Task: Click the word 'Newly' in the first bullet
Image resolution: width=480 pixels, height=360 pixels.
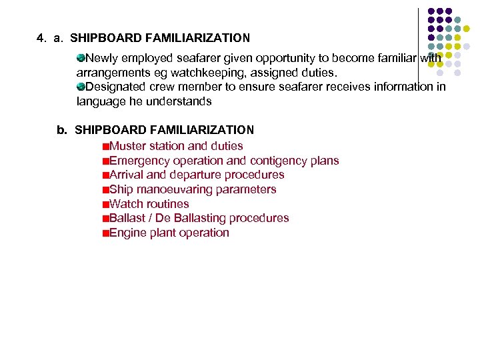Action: tap(101, 57)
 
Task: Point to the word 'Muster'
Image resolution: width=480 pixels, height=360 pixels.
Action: tap(127, 146)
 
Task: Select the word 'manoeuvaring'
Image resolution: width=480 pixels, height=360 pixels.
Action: tap(170, 189)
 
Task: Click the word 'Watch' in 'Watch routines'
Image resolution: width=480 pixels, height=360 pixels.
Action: tap(125, 204)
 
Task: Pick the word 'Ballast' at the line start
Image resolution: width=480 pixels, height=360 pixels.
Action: tap(127, 218)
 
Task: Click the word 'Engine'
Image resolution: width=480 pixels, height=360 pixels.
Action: tap(127, 233)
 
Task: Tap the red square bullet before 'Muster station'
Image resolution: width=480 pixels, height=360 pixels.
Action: tap(105, 147)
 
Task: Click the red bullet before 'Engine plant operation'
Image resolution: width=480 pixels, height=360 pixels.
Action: tap(105, 233)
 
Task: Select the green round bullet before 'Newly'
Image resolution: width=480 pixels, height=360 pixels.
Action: tap(81, 57)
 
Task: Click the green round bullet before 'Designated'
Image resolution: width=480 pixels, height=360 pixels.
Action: tap(81, 87)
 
